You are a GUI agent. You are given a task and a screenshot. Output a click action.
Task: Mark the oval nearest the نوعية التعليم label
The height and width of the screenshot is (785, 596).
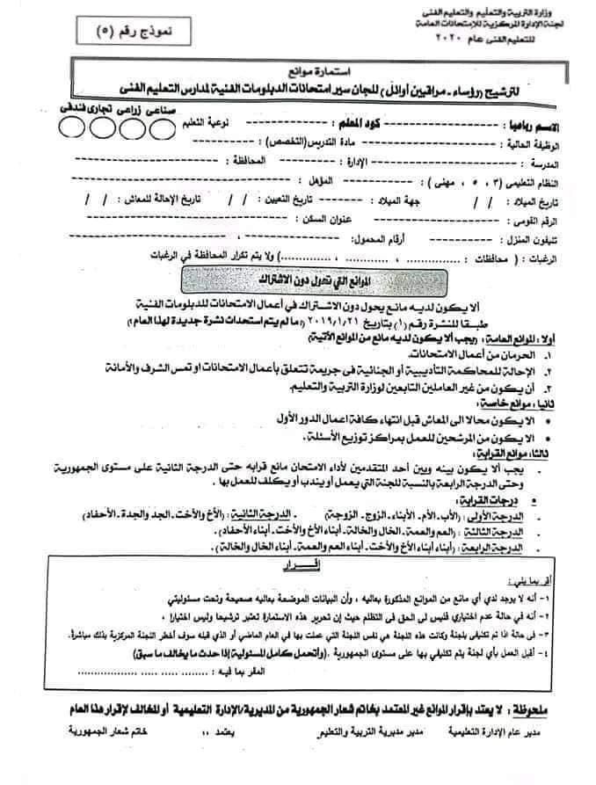click(x=164, y=128)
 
